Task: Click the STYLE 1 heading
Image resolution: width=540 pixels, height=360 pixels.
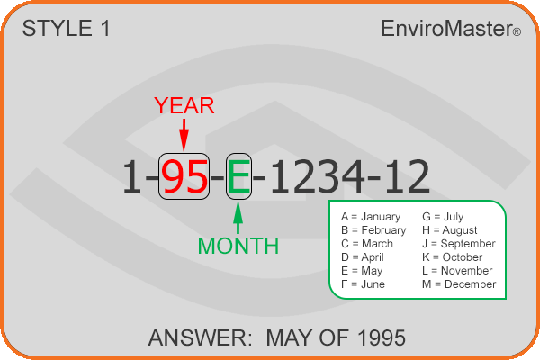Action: (66, 28)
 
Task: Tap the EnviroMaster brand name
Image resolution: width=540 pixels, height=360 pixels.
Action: (451, 28)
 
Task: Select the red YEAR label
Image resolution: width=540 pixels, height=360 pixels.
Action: (184, 105)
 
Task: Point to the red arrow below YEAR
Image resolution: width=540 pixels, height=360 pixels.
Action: (184, 135)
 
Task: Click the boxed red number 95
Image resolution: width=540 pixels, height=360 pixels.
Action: (184, 176)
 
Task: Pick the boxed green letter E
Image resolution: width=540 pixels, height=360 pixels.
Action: (238, 176)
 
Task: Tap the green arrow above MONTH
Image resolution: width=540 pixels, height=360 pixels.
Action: (238, 218)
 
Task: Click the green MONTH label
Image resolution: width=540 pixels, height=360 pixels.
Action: (238, 246)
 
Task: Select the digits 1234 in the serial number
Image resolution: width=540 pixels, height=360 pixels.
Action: (317, 176)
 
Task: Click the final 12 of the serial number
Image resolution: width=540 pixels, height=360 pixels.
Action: (408, 176)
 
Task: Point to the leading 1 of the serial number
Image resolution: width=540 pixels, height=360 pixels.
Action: (132, 176)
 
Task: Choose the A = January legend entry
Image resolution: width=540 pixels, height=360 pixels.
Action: (371, 217)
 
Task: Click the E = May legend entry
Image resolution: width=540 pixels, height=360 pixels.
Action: (362, 271)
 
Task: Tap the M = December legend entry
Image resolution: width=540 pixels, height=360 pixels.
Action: (459, 284)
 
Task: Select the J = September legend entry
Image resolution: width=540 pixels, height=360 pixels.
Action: (459, 244)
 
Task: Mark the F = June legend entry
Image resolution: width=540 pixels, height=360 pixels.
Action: (363, 284)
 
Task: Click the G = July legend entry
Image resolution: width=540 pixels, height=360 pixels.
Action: (443, 217)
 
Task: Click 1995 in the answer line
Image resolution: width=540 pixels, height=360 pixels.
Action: (382, 337)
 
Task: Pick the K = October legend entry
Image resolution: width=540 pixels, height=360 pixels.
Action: (452, 257)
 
